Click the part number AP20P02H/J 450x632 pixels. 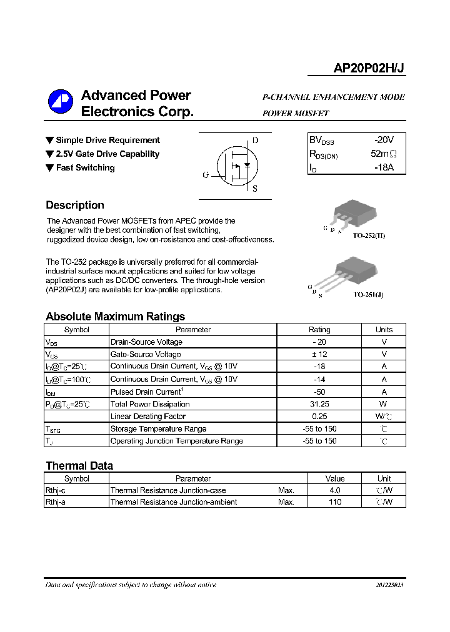(x=369, y=69)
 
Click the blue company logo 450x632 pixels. (x=61, y=104)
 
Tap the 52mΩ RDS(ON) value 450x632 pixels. (x=384, y=154)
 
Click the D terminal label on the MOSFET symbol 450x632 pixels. (x=255, y=140)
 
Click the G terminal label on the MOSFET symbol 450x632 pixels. (x=206, y=175)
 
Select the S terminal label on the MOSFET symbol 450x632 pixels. (x=254, y=189)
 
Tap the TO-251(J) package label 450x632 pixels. (x=368, y=294)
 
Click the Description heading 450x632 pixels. (x=75, y=205)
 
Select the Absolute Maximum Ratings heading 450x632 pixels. (x=115, y=317)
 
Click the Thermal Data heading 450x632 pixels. (x=79, y=466)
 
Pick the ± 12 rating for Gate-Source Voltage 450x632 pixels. (x=319, y=354)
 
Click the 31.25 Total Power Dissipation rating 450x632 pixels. (x=319, y=404)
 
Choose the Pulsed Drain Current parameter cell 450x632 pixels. (x=146, y=392)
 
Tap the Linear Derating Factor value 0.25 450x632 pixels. (x=319, y=417)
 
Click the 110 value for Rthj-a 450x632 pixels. (x=335, y=502)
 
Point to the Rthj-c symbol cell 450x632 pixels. (x=56, y=491)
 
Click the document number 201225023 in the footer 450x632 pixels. (x=389, y=585)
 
